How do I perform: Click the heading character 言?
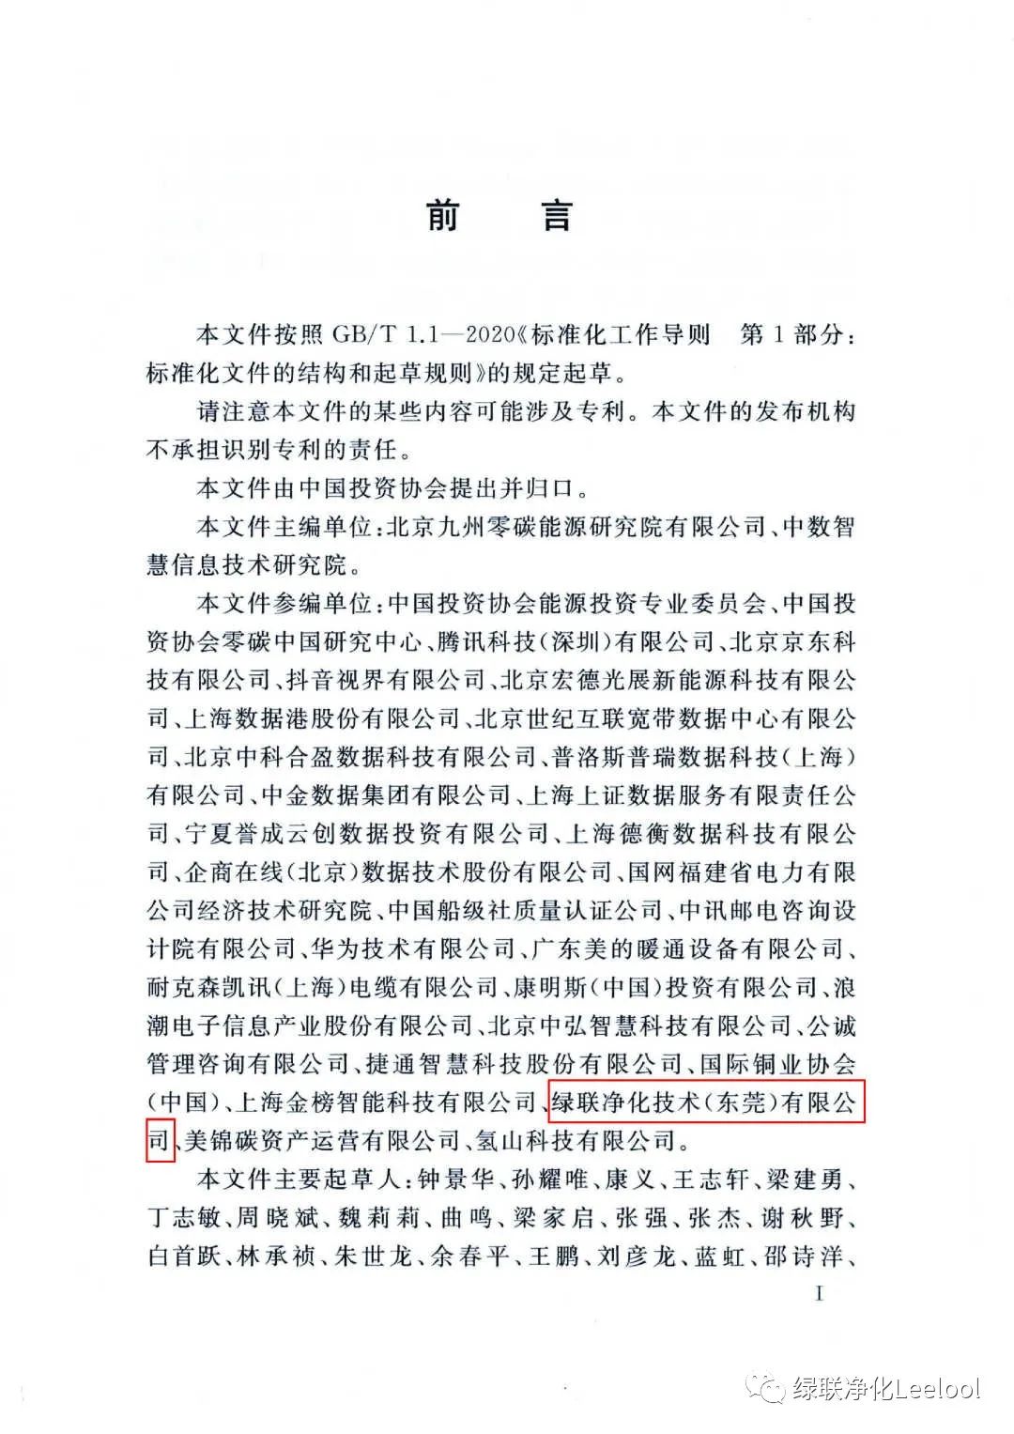(556, 216)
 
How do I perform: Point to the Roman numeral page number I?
(819, 1294)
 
